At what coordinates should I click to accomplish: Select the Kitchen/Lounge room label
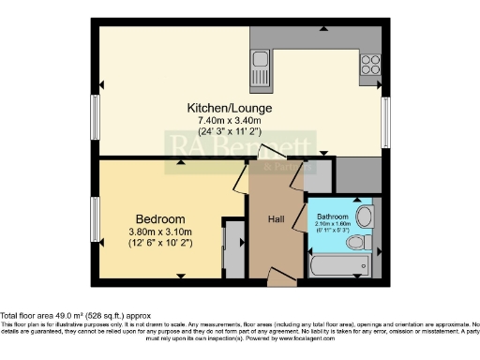pyautogui.click(x=218, y=108)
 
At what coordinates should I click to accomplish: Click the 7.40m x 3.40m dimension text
pyautogui.click(x=218, y=120)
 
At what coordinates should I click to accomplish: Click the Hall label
pyautogui.click(x=277, y=219)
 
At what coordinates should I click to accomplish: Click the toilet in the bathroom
pyautogui.click(x=357, y=243)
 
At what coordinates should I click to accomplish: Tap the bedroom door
pyautogui.click(x=241, y=178)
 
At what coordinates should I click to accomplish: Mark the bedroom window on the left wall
pyautogui.click(x=95, y=219)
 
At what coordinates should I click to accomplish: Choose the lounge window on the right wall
pyautogui.click(x=386, y=121)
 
